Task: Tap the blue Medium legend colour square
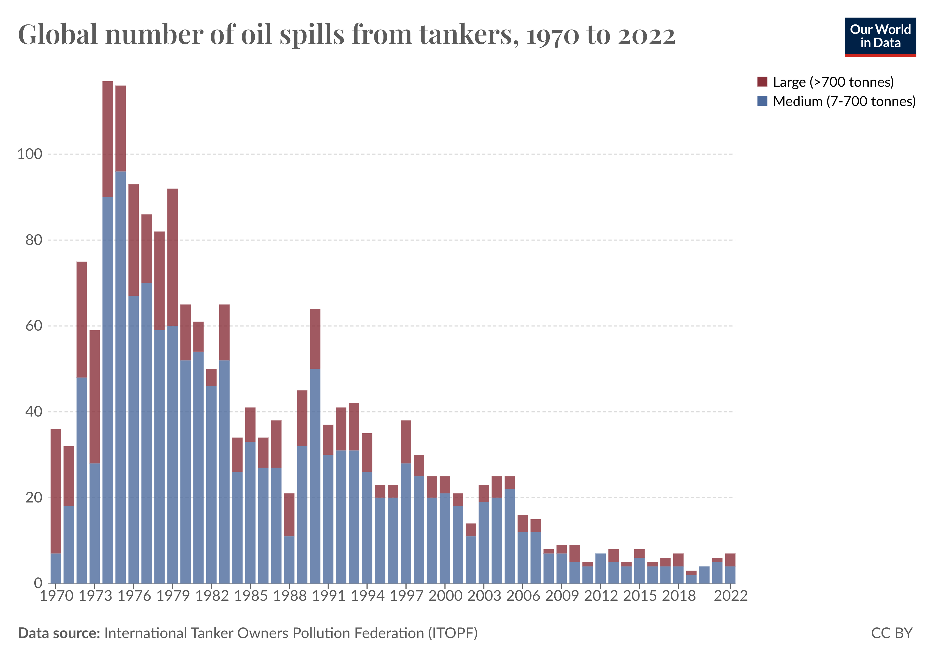click(x=762, y=101)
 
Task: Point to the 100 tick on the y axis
click(x=29, y=154)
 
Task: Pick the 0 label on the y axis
click(x=38, y=583)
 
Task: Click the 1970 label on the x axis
click(x=56, y=596)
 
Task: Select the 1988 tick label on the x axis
click(x=290, y=596)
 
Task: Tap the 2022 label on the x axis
click(x=731, y=596)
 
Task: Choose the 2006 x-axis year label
click(x=523, y=596)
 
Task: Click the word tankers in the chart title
click(x=466, y=35)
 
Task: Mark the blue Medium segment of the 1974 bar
click(x=108, y=390)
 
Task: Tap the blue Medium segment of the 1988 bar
click(x=289, y=560)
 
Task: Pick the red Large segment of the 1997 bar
click(x=406, y=442)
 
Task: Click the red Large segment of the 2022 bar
click(x=730, y=560)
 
